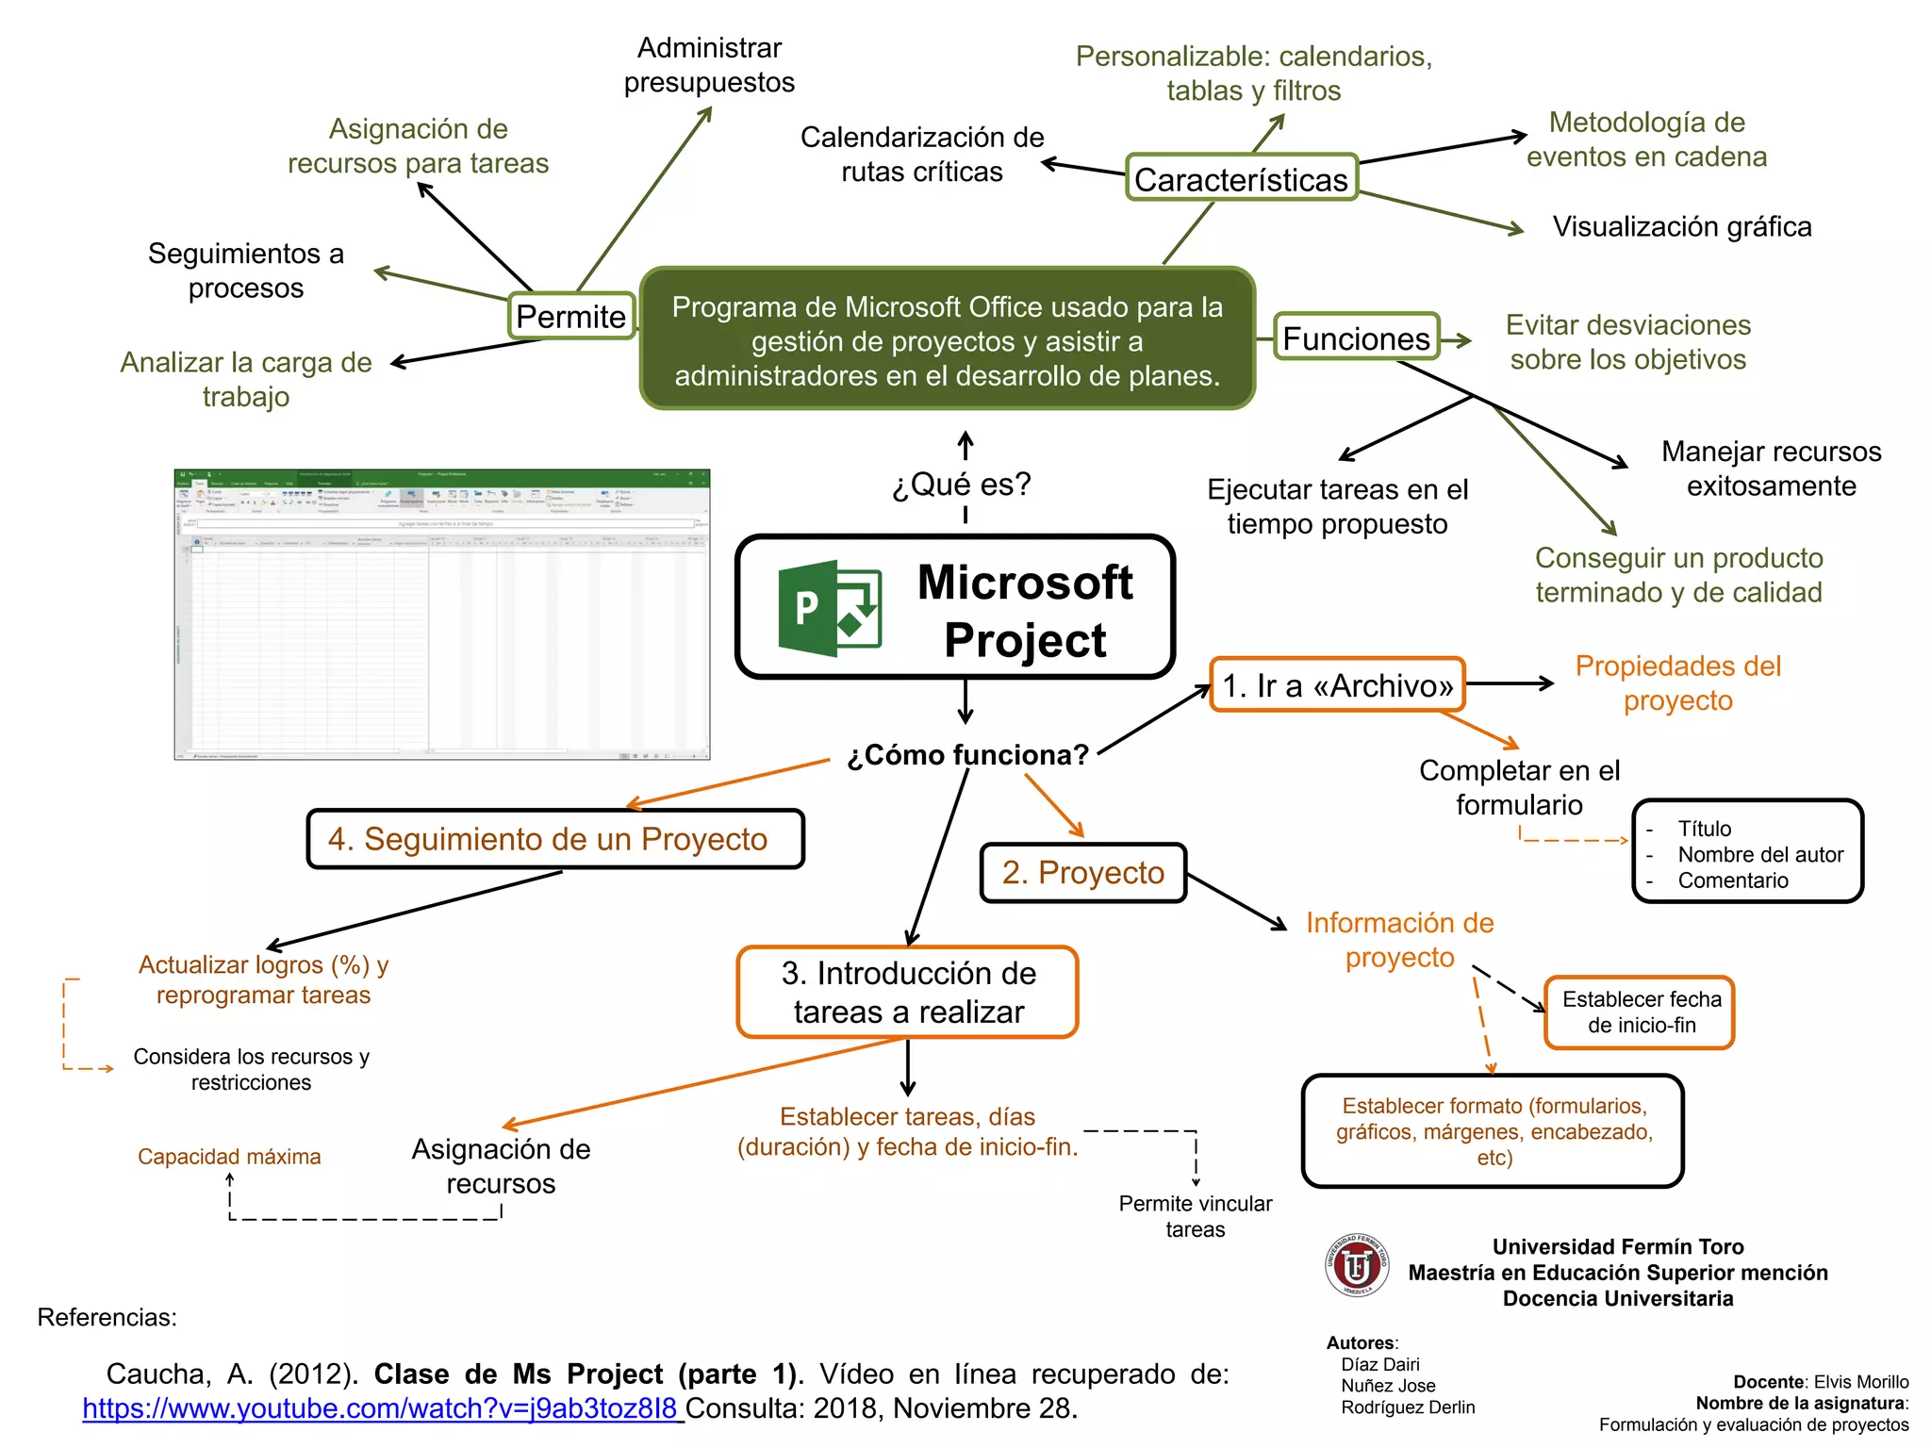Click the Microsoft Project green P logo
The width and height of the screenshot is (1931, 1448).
(x=828, y=608)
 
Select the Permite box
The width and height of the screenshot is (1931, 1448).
(x=571, y=317)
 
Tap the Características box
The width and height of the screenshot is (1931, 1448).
(x=1241, y=179)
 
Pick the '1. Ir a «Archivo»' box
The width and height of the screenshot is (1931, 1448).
(x=1337, y=685)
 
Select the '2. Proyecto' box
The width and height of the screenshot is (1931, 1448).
(x=1082, y=873)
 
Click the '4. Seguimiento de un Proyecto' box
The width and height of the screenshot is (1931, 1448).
(x=555, y=839)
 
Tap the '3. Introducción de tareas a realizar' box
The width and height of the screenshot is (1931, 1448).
(x=908, y=993)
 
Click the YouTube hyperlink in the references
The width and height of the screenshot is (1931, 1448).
(x=380, y=1408)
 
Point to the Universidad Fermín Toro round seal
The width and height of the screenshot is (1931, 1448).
(x=1356, y=1266)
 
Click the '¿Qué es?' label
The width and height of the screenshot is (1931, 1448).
(x=962, y=485)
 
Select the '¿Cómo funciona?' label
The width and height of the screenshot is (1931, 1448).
(x=967, y=755)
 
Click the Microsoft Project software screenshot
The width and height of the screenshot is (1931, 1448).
(x=441, y=615)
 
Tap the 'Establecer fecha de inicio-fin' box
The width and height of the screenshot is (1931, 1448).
(x=1640, y=1012)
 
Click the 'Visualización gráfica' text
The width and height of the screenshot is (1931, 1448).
(x=1681, y=227)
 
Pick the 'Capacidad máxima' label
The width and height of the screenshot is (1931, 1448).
(x=229, y=1157)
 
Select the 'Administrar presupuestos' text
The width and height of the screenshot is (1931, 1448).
(x=709, y=65)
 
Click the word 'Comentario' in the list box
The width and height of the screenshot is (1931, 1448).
(x=1732, y=880)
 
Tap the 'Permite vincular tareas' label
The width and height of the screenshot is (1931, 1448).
(x=1195, y=1216)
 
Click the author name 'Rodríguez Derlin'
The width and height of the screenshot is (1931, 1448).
(x=1408, y=1407)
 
